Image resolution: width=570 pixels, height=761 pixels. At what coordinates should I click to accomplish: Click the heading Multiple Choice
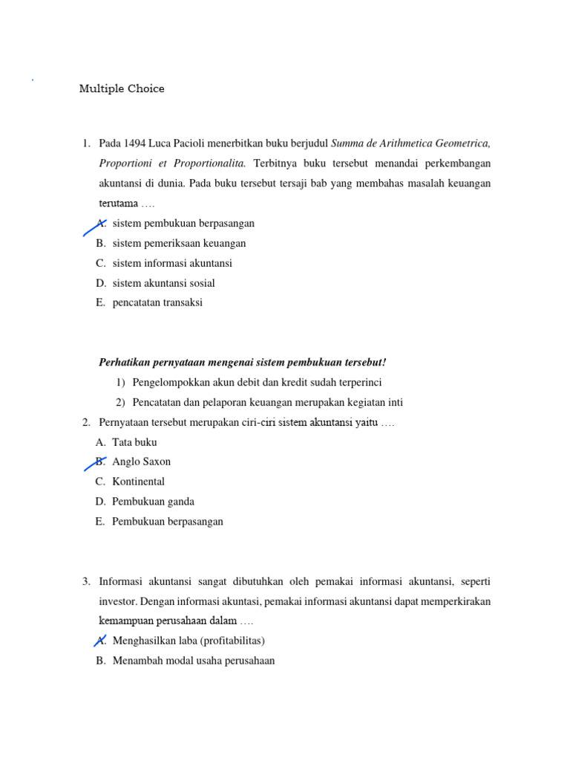click(x=122, y=89)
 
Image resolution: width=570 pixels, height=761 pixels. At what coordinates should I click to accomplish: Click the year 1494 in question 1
click(x=136, y=143)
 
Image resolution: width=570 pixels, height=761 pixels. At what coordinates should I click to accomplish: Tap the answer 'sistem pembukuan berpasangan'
click(x=183, y=223)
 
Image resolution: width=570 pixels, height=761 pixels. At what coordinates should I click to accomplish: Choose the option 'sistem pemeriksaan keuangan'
click(x=179, y=243)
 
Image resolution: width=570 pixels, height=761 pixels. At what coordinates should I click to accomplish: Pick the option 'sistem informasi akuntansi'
click(x=172, y=263)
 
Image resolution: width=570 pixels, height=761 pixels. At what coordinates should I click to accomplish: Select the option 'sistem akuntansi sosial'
click(x=163, y=283)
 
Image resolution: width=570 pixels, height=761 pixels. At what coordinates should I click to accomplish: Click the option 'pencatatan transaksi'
click(x=157, y=303)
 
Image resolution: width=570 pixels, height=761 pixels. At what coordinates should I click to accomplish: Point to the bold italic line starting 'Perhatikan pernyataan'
click(x=243, y=363)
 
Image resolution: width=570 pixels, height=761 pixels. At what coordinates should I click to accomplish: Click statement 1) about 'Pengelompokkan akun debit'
click(x=257, y=383)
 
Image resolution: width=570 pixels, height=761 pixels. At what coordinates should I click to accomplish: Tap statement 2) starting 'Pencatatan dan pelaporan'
click(x=267, y=403)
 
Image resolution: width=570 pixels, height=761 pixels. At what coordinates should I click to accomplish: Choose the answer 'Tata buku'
click(x=134, y=442)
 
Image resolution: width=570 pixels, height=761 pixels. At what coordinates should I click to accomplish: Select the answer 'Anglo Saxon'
click(x=141, y=462)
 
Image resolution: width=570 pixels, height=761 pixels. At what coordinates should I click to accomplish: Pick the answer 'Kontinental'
click(x=138, y=482)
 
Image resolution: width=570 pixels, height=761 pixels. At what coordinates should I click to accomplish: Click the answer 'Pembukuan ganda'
click(x=153, y=502)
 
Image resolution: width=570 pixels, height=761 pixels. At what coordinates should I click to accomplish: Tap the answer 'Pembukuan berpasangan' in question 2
click(x=167, y=522)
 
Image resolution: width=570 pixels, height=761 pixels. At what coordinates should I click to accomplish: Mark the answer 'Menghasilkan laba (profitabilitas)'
click(x=189, y=641)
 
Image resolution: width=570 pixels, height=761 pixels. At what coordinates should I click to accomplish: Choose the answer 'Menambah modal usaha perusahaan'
click(x=193, y=661)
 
